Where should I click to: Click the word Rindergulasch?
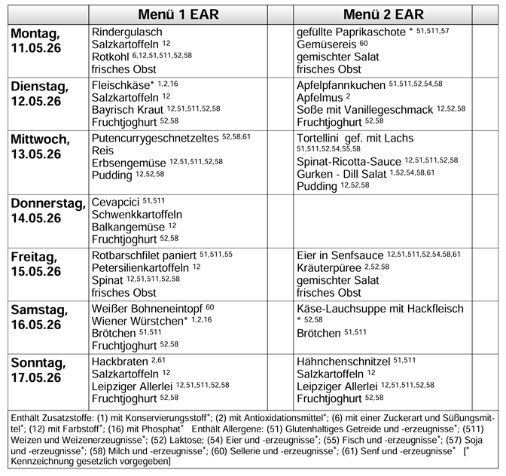[x=126, y=33]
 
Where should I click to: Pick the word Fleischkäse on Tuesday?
[x=120, y=85]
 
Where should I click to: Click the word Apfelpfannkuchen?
[x=341, y=85]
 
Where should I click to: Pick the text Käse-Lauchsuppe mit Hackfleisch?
[x=380, y=309]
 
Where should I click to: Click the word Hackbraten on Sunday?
[x=120, y=361]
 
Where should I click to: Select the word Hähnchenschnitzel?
[x=343, y=361]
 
